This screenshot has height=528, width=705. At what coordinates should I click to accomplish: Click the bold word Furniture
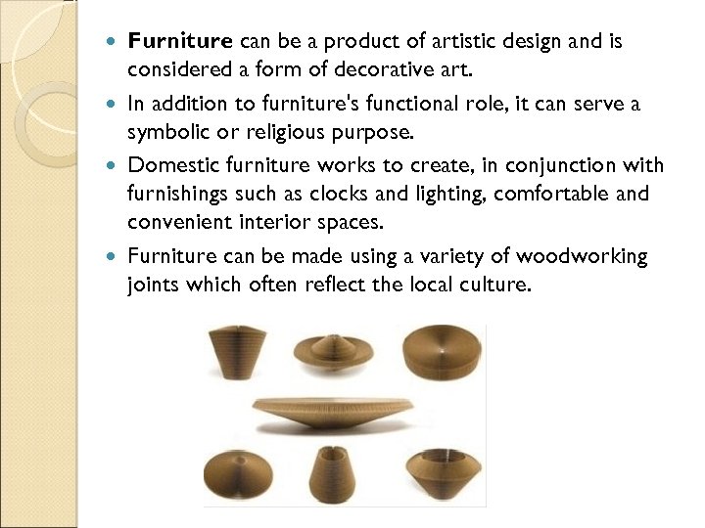(180, 42)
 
